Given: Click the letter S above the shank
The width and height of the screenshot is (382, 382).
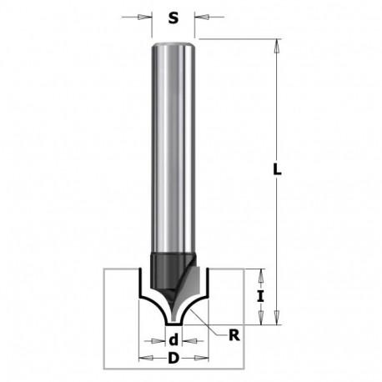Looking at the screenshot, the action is [x=173, y=18].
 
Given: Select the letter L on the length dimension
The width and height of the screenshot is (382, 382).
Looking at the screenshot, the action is [x=277, y=169].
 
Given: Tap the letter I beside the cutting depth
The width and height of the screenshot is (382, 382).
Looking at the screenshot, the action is [x=260, y=296].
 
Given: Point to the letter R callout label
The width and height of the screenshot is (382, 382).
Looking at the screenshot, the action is [x=234, y=335].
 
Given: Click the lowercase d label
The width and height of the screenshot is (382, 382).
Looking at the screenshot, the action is [x=173, y=340].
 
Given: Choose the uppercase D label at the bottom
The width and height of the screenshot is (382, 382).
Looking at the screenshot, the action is [x=173, y=359].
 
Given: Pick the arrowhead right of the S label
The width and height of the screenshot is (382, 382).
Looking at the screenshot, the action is [x=202, y=17].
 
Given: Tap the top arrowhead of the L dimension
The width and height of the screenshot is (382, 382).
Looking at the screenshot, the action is [x=277, y=46].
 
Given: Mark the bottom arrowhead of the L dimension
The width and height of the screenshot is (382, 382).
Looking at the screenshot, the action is [x=277, y=318].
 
